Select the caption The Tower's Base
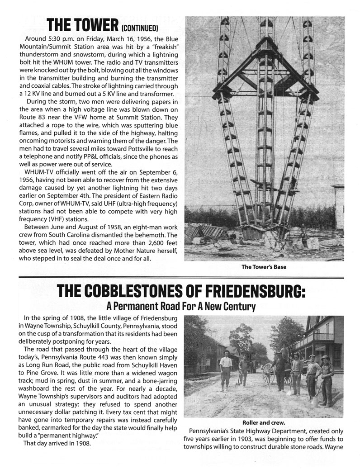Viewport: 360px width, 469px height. pyautogui.click(x=264, y=267)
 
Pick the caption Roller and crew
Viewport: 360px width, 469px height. pyautogui.click(x=264, y=423)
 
